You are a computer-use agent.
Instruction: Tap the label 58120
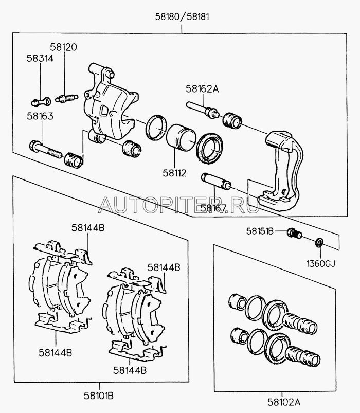(x=63, y=47)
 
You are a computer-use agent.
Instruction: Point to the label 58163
(x=40, y=117)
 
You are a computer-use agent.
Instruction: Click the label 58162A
(x=202, y=89)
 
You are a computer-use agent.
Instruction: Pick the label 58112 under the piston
(x=175, y=173)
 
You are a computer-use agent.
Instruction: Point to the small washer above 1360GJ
(x=319, y=242)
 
